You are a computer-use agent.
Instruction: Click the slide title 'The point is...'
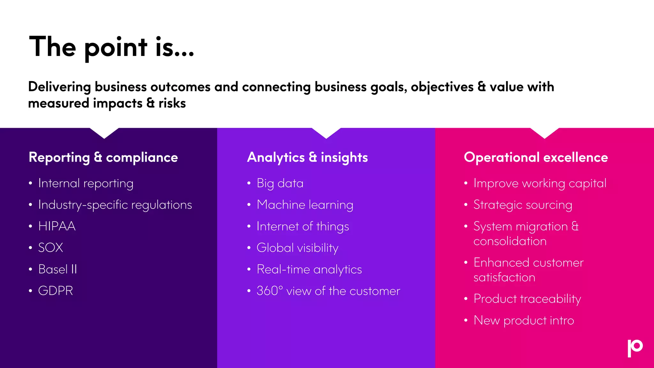pos(111,47)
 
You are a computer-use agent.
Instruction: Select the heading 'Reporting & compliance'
pos(103,157)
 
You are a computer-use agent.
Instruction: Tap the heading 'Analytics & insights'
pos(307,157)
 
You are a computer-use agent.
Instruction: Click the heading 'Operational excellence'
pos(536,157)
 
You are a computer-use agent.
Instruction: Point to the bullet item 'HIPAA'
pos(57,226)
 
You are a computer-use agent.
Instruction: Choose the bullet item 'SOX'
pos(50,248)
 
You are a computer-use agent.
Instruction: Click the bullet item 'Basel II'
pos(57,269)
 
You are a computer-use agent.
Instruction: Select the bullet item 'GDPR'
pos(56,291)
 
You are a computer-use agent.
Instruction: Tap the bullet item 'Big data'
pos(280,183)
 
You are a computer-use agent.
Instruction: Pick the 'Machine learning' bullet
pos(305,205)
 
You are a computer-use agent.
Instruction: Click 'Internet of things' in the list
pos(302,226)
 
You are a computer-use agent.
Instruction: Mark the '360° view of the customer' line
pos(328,291)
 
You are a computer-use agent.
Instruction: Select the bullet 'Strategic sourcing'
pos(522,205)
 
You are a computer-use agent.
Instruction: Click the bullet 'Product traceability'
pos(527,299)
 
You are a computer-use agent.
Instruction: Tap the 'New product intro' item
pos(523,320)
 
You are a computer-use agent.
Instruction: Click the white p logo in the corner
pos(635,348)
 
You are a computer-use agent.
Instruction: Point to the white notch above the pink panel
pos(544,132)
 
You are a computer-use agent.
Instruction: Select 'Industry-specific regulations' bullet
pos(115,205)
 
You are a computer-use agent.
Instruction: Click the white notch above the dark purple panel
pos(104,132)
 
